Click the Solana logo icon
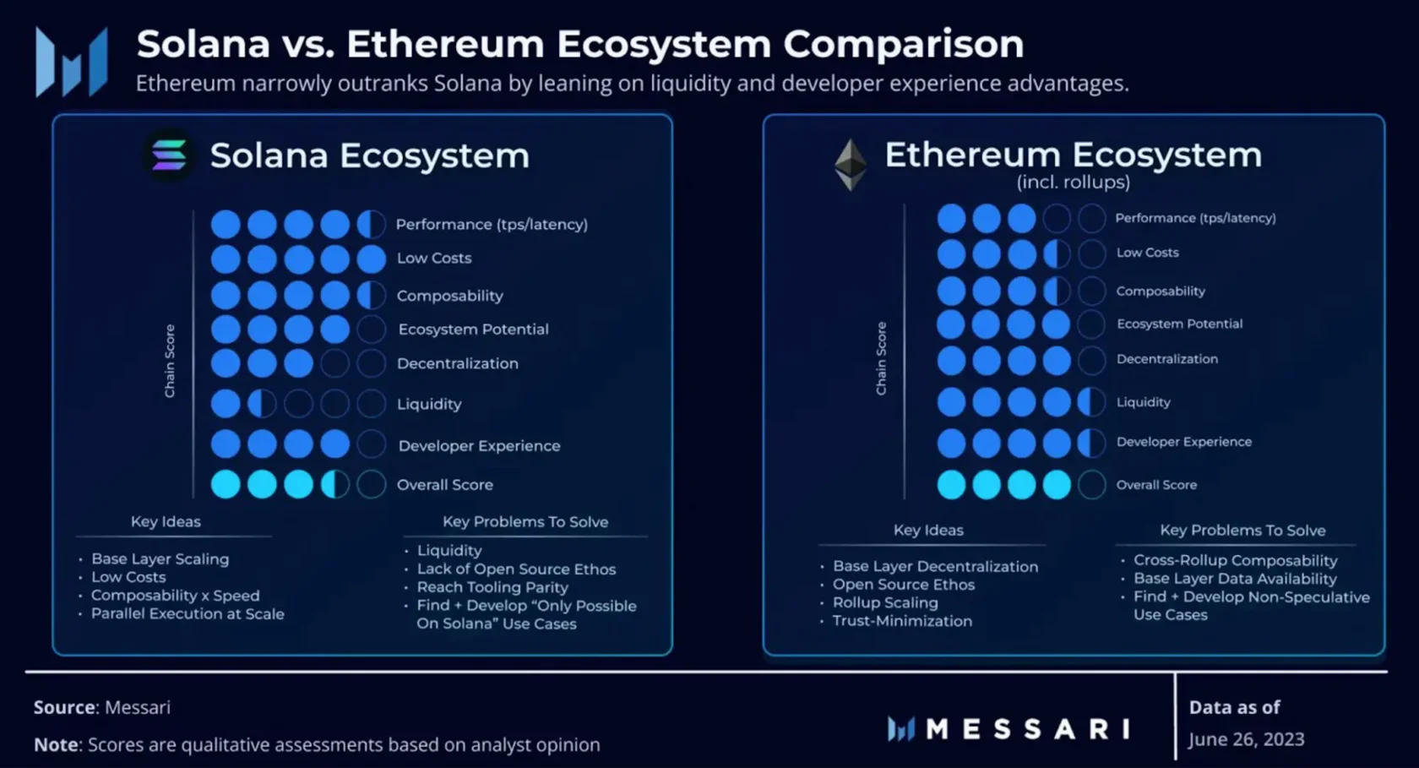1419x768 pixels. pos(169,155)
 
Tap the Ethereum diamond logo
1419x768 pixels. pos(850,165)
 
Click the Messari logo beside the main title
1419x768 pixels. pos(72,62)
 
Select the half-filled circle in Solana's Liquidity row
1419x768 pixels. pos(262,404)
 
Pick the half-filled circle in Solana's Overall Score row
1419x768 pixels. pos(334,485)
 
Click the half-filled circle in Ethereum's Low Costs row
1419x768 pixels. pos(1057,254)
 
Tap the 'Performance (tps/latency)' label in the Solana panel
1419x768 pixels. pos(492,225)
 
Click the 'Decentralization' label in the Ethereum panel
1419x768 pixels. pos(1167,358)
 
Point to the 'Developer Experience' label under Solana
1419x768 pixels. pos(479,446)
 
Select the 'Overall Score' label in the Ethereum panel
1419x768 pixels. pos(1156,485)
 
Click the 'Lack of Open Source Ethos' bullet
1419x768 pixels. pos(515,569)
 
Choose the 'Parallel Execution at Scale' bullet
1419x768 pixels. pos(188,613)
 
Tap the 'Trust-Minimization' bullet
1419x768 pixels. pos(902,621)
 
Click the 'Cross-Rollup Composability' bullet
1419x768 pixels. pos(1235,561)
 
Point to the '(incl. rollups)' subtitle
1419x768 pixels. pos(1073,182)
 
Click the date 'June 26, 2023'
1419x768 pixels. pos(1246,739)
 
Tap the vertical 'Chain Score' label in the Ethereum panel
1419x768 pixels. pos(881,358)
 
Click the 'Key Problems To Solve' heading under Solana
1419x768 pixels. pos(525,521)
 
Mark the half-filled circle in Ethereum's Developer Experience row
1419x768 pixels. pos(1091,443)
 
